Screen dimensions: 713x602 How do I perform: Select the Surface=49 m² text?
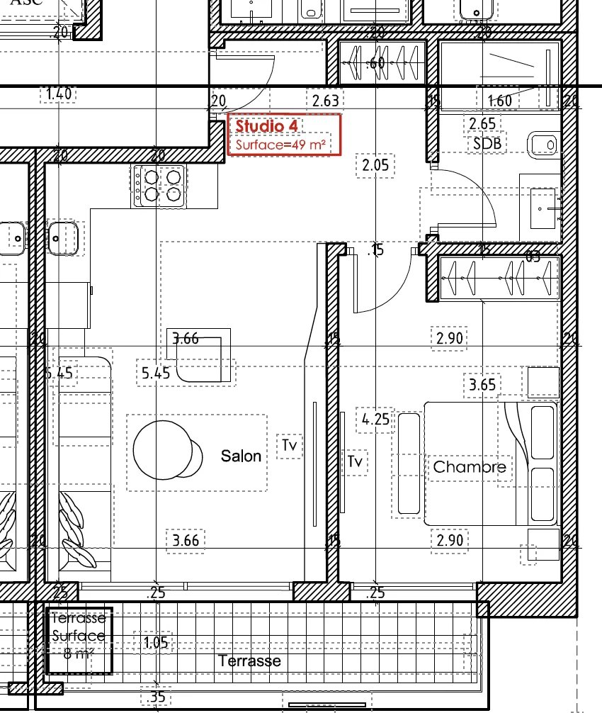(x=281, y=145)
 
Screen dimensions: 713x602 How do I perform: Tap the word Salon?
(x=241, y=456)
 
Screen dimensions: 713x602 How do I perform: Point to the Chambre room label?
(x=470, y=466)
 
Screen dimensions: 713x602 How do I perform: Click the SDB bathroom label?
(x=487, y=144)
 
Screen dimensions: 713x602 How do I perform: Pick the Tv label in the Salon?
(x=289, y=446)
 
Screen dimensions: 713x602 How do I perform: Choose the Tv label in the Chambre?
(x=356, y=462)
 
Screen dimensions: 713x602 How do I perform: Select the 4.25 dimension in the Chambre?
(x=375, y=420)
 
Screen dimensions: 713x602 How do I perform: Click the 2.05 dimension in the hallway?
(x=375, y=166)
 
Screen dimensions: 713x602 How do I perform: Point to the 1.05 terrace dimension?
(x=155, y=643)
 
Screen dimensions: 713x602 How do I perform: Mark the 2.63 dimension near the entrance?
(x=326, y=101)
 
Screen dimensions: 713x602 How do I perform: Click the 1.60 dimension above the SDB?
(x=499, y=101)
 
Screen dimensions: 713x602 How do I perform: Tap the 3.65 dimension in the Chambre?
(x=482, y=385)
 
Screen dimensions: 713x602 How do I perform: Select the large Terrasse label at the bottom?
(x=249, y=661)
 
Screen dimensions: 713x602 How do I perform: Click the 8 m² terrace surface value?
(x=78, y=653)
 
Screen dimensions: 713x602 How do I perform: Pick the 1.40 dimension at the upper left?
(x=59, y=94)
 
